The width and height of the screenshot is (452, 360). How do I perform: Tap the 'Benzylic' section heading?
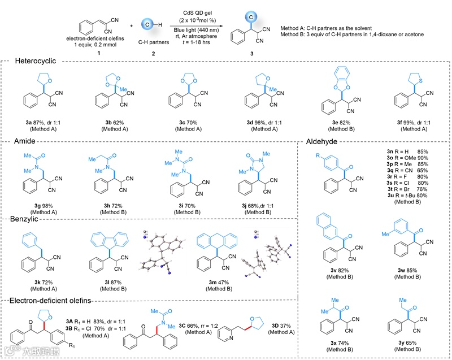[29, 219]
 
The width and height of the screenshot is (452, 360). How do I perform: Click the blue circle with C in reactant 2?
[142, 25]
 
